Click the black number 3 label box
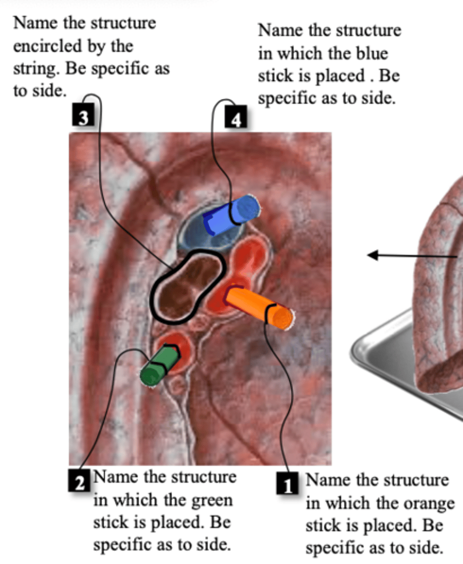83,115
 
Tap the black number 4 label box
236,117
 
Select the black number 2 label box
79,480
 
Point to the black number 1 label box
287,483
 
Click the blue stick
231,215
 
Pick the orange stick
259,307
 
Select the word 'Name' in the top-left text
35,23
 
